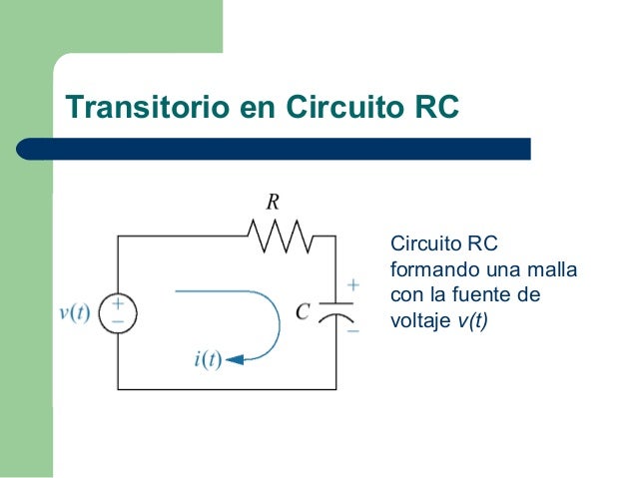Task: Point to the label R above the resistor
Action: pos(272,203)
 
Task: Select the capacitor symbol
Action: pos(338,310)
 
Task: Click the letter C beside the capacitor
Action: pos(303,311)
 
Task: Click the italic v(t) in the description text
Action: pos(472,321)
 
